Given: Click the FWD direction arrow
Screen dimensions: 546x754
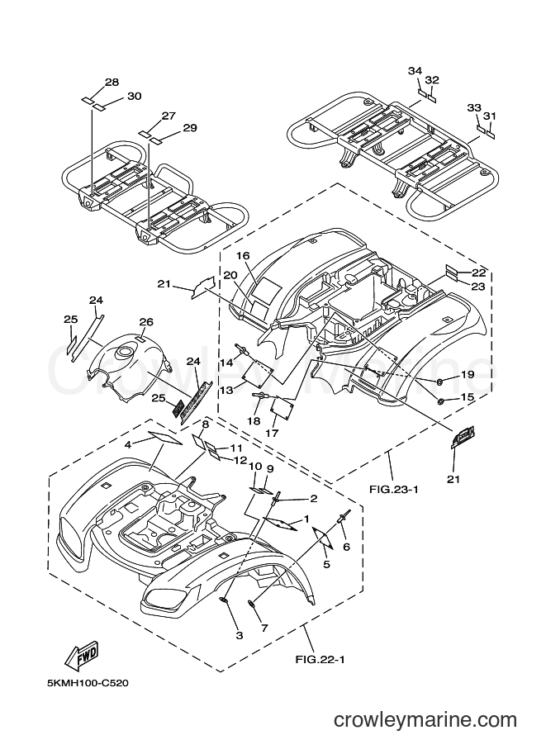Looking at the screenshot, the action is coord(83,656).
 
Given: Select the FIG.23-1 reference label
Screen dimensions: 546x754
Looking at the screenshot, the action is coord(394,490).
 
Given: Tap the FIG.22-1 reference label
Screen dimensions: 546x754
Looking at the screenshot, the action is coord(320,659).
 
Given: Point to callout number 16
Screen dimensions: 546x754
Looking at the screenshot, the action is coord(244,255).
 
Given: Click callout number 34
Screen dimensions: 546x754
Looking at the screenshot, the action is coord(415,71).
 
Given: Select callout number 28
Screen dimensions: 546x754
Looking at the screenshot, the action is coord(112,83).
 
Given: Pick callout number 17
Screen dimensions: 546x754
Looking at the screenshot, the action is coord(272,433).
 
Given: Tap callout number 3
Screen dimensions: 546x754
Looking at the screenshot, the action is coord(240,636).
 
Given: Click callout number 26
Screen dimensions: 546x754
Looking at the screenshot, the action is coord(146,322).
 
